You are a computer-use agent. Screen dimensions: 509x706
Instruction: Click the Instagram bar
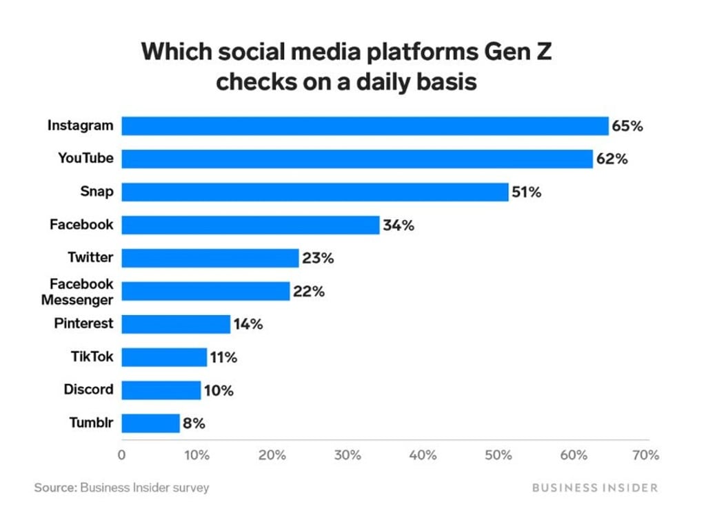pos(365,126)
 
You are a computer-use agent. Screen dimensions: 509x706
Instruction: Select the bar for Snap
pos(315,192)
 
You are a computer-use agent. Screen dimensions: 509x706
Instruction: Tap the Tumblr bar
pos(150,423)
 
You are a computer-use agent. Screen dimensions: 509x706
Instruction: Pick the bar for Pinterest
pos(176,323)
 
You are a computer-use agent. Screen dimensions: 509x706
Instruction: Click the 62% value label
pos(612,159)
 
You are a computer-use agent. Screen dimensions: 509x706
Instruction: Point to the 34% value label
pos(399,225)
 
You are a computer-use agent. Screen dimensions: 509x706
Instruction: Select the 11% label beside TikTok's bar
pos(223,357)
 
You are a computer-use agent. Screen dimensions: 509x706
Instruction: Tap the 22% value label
pos(308,291)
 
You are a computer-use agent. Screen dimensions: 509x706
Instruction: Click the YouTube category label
pos(85,159)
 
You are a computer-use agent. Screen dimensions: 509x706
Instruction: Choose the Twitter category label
pos(90,257)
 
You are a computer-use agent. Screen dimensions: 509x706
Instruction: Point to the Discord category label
pos(88,389)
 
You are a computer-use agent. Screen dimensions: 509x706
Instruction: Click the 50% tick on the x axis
pos(498,455)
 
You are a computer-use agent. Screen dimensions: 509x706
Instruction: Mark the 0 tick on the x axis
pos(122,455)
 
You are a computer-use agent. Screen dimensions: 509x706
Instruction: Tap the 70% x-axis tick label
pos(647,455)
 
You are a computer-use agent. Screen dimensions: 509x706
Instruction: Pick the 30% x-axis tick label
pos(347,455)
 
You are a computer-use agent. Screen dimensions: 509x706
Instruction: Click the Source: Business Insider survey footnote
pos(121,488)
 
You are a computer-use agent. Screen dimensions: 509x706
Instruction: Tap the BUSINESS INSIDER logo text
pos(595,488)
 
